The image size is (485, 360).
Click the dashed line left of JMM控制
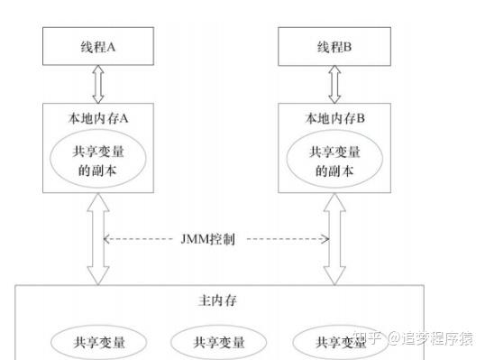tap(140, 240)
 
